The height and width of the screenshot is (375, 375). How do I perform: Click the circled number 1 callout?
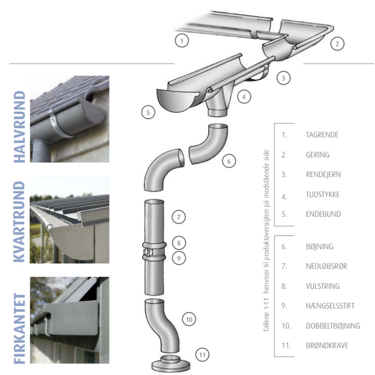[182, 41]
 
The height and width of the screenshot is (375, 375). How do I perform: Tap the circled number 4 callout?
[244, 97]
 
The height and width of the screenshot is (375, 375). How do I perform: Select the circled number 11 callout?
[202, 355]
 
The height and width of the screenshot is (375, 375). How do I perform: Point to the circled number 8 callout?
[179, 243]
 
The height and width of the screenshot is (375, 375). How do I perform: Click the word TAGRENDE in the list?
[322, 135]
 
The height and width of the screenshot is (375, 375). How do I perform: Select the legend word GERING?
[317, 155]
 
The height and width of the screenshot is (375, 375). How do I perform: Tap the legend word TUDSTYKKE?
[323, 194]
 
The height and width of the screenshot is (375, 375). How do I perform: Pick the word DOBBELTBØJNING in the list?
[333, 326]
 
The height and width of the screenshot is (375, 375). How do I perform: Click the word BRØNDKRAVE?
[327, 346]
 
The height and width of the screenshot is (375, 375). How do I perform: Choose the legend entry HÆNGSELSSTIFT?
[330, 306]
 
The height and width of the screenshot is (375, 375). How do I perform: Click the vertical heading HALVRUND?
[19, 127]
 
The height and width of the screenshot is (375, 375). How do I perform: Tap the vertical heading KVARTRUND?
[19, 222]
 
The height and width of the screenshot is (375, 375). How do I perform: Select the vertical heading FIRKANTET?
[19, 329]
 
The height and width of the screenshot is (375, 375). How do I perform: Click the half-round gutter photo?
[69, 119]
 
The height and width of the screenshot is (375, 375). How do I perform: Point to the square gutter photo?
[69, 320]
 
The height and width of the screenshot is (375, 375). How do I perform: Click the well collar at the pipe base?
[171, 363]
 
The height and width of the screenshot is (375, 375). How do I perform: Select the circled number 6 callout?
[229, 161]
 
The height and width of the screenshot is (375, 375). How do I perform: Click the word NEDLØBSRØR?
[326, 267]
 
